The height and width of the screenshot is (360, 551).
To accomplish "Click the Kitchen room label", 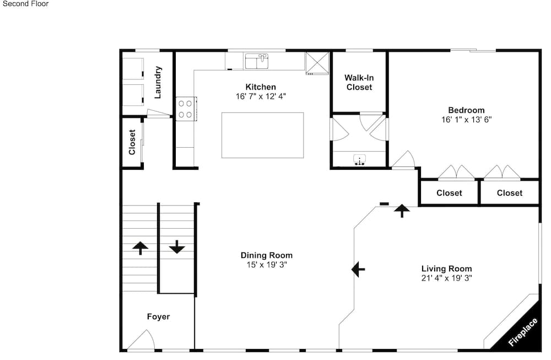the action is coord(261,87).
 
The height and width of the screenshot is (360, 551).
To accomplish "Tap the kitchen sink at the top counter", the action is coord(257,61).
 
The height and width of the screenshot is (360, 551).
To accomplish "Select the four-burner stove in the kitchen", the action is coord(186,109).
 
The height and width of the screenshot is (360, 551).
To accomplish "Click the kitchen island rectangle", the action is coord(262,136).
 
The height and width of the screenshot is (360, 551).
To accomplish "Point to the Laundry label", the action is coord(158,82).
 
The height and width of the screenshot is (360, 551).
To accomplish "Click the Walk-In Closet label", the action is coord(359,82).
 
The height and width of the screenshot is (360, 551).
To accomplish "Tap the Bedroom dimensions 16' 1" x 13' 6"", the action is coord(466,120).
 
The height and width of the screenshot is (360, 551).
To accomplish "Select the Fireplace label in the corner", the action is coord(522,331).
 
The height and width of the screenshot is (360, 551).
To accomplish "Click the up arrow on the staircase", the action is coord(140,248).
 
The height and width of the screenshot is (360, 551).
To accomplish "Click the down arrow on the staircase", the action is coord(177,247).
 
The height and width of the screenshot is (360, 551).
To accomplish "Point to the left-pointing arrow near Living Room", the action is coord(358,270).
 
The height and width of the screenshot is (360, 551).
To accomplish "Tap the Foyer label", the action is coord(158,317).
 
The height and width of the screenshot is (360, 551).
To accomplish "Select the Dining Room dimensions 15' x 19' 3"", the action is coord(266,265).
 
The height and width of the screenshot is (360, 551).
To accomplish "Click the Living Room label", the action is coord(447,269).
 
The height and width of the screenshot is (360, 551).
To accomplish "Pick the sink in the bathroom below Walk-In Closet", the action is coord(359,160).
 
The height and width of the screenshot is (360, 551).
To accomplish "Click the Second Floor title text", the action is coord(26,4).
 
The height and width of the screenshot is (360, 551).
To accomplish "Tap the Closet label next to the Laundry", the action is coord(132,142).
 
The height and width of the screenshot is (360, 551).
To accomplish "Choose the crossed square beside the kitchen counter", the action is coord(317,63).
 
